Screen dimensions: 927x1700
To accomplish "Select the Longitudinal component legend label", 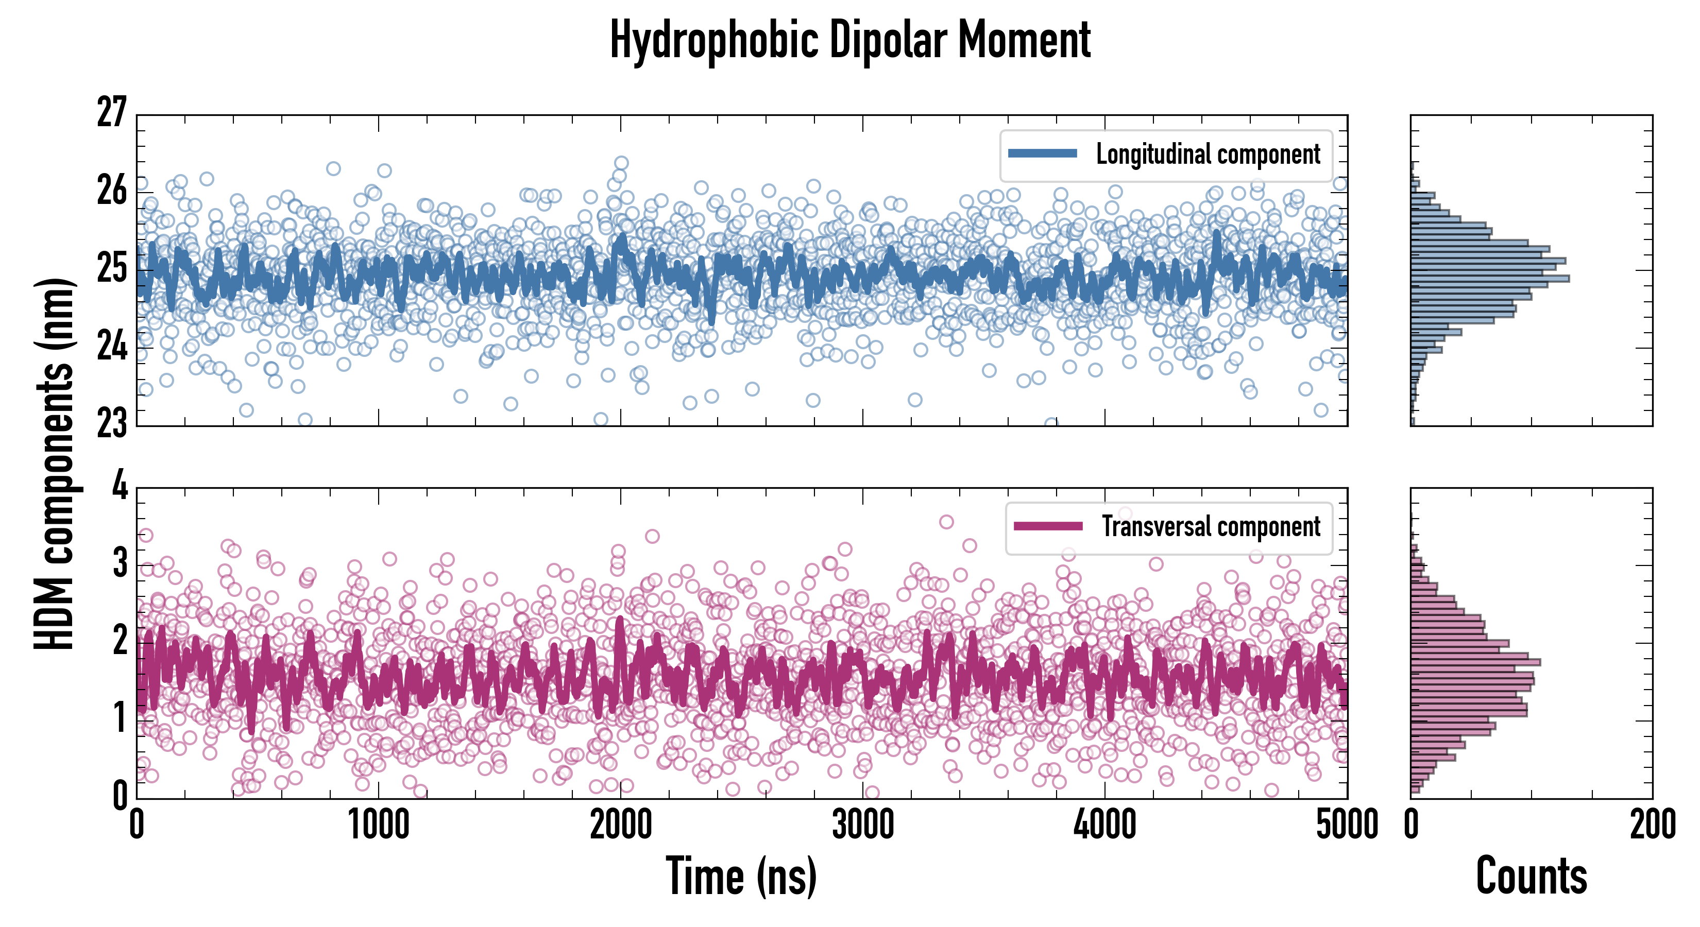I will click(x=1208, y=154).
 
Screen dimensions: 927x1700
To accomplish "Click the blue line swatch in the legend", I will click(x=1043, y=154).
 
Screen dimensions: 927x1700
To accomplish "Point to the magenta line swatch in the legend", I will click(x=1048, y=526).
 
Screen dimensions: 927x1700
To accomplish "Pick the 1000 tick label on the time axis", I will click(x=378, y=826).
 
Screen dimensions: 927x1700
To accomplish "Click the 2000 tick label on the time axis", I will click(x=620, y=826).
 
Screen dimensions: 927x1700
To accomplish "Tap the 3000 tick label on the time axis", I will click(x=862, y=826).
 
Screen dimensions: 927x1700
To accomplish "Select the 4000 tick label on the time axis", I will click(x=1104, y=826).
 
